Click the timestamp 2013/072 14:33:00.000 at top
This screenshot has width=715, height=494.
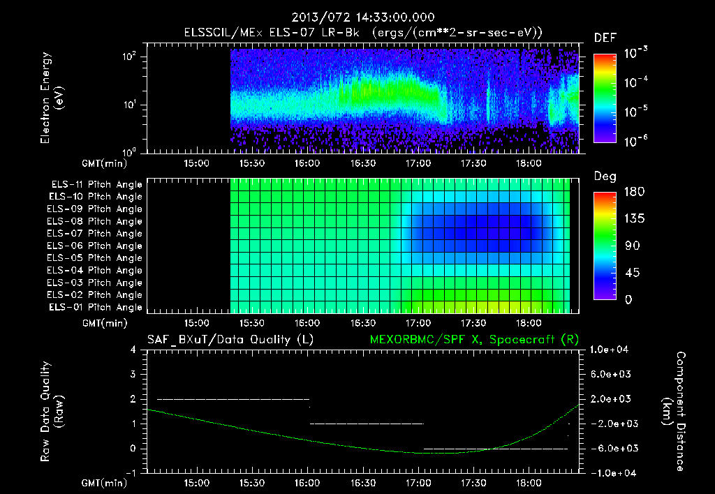(x=357, y=17)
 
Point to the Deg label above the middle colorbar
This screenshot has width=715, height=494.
(x=604, y=176)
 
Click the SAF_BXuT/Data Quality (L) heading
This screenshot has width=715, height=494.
(x=230, y=339)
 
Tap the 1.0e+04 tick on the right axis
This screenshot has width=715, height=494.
(x=612, y=350)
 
